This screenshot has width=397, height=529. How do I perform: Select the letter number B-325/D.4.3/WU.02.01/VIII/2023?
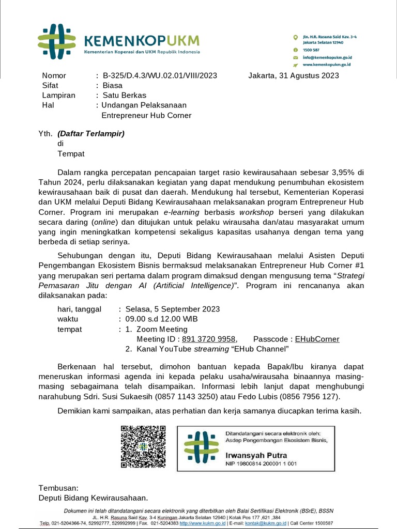[160, 75]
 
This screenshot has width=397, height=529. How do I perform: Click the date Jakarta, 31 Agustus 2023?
[294, 75]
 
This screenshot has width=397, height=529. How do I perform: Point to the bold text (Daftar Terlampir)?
[91, 134]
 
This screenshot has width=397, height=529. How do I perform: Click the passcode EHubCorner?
[317, 339]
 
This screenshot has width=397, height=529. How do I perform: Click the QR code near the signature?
[143, 447]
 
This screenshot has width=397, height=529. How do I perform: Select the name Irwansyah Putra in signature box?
[256, 456]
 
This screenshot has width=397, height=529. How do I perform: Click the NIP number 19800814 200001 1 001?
[261, 464]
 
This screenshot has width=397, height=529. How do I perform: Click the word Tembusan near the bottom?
[58, 488]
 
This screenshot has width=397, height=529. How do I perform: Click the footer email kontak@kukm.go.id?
[266, 523]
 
